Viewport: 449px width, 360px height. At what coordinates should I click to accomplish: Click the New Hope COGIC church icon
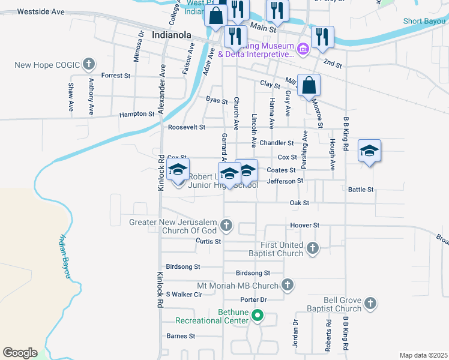[88, 64]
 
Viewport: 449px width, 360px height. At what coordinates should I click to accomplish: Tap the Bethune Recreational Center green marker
[258, 315]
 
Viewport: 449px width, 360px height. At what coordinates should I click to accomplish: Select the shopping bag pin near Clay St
[309, 85]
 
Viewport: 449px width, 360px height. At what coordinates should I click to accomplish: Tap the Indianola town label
[171, 35]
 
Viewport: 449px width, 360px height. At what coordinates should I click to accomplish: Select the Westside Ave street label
[41, 11]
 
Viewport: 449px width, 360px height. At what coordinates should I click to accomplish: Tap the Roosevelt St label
[187, 127]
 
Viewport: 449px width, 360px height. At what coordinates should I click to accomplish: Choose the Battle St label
[361, 189]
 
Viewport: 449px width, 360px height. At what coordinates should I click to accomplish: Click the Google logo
[20, 353]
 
